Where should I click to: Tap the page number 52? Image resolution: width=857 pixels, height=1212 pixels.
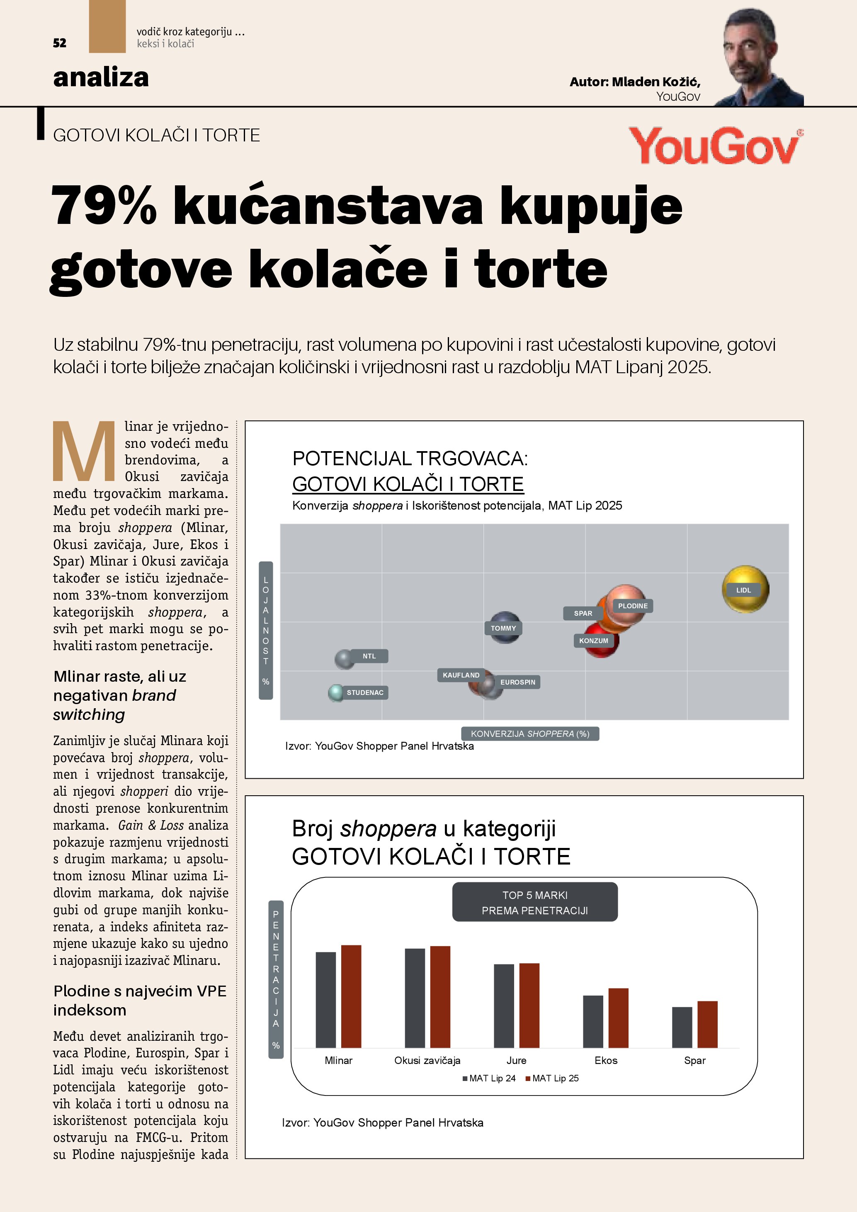click(x=60, y=43)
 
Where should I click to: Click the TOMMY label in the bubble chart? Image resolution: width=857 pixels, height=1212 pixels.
click(x=503, y=628)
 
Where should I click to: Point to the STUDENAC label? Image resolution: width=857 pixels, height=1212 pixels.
click(x=364, y=692)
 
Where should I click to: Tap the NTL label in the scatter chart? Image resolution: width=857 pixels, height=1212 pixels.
click(x=369, y=656)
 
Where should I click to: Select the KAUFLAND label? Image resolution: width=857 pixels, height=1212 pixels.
click(x=461, y=675)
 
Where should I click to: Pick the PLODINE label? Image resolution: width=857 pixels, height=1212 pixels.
click(x=632, y=606)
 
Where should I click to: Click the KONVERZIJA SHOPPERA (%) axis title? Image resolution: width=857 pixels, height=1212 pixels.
click(x=530, y=734)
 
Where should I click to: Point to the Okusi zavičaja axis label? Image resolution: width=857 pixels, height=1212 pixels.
click(x=427, y=1061)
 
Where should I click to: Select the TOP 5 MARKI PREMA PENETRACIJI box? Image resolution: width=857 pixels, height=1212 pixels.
click(x=534, y=902)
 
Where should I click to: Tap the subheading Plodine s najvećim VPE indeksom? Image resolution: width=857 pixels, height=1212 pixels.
click(x=140, y=1000)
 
